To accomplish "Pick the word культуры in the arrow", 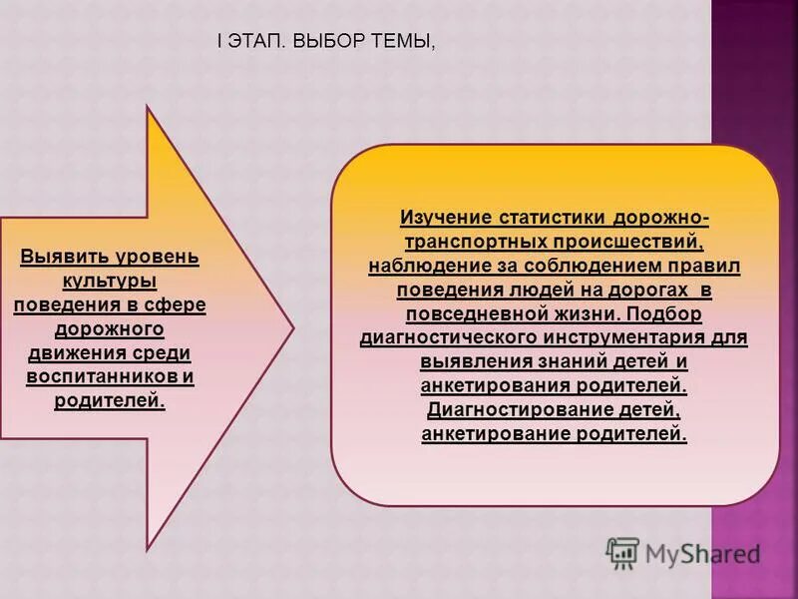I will click(110, 282).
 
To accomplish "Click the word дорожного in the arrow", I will click(110, 329).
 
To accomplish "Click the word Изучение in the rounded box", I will click(450, 218).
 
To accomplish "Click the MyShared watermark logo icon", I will click(622, 552).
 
